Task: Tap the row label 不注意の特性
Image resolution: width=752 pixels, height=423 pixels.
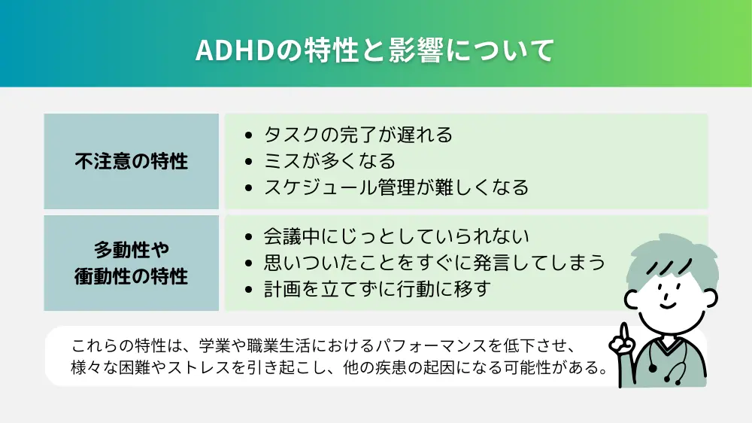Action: coord(131,161)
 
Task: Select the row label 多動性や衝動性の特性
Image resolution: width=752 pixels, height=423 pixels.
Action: coord(131,263)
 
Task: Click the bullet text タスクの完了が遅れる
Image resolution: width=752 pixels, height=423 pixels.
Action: coord(358,135)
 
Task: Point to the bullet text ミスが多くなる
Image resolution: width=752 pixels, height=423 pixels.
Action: coord(329,161)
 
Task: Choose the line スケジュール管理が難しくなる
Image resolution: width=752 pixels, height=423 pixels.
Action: coord(396,187)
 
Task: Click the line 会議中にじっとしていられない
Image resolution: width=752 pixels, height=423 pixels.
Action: coord(396,236)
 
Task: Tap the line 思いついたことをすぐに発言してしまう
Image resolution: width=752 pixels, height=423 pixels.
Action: coord(434,263)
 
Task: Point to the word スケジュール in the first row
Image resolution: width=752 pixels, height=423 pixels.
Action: coord(311,187)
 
